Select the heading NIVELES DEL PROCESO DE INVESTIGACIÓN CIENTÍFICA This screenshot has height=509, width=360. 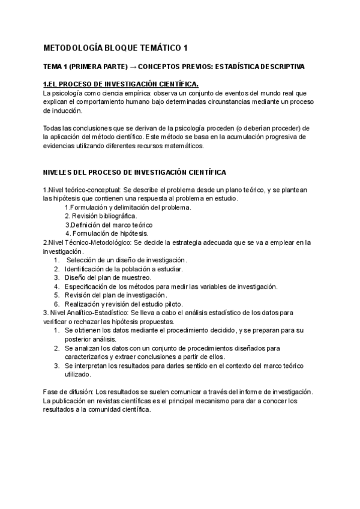pyautogui.click(x=135, y=172)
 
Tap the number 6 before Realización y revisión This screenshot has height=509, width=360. pyautogui.click(x=56, y=304)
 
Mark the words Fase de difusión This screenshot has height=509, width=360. pyautogui.click(x=67, y=392)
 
